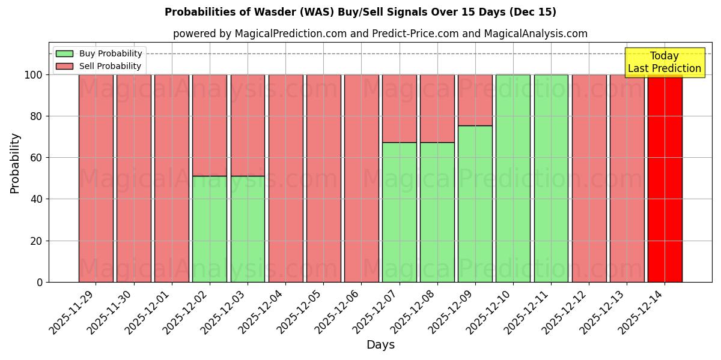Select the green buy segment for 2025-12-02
(210, 229)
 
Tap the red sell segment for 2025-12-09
(475, 100)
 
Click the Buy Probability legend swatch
(64, 54)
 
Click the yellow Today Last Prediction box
(664, 62)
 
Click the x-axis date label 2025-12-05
(299, 318)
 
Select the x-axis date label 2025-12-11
(527, 318)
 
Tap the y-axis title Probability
(15, 163)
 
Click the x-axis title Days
(380, 345)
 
